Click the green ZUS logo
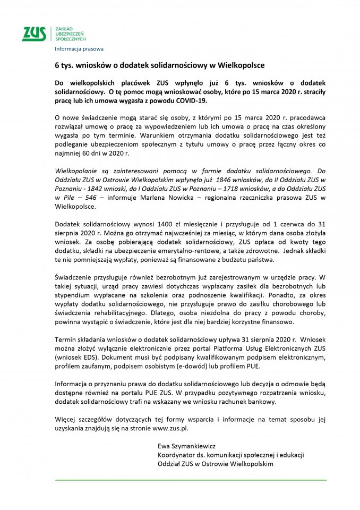click(x=34, y=33)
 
